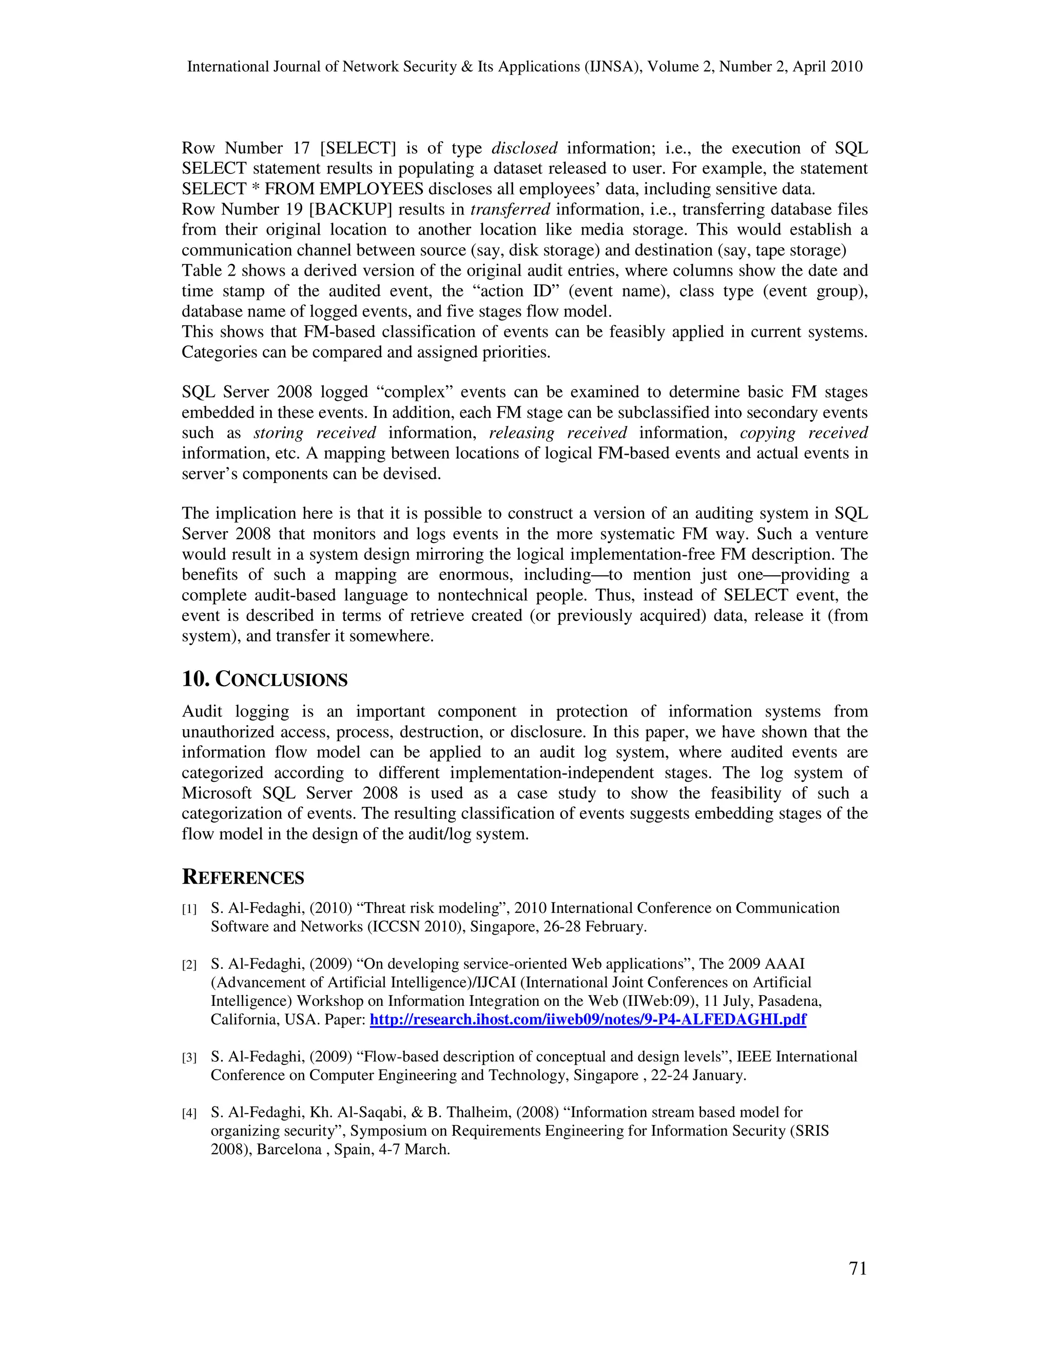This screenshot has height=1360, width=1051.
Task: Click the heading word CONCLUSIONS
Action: point(281,679)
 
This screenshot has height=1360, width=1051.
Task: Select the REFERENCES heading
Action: point(243,878)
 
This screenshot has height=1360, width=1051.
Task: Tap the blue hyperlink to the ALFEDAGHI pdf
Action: point(588,1019)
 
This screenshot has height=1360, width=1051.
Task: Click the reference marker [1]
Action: point(189,909)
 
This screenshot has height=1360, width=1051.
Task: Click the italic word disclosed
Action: point(524,148)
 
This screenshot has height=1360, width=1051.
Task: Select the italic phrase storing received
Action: point(315,433)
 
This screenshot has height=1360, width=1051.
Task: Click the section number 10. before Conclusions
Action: point(196,679)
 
